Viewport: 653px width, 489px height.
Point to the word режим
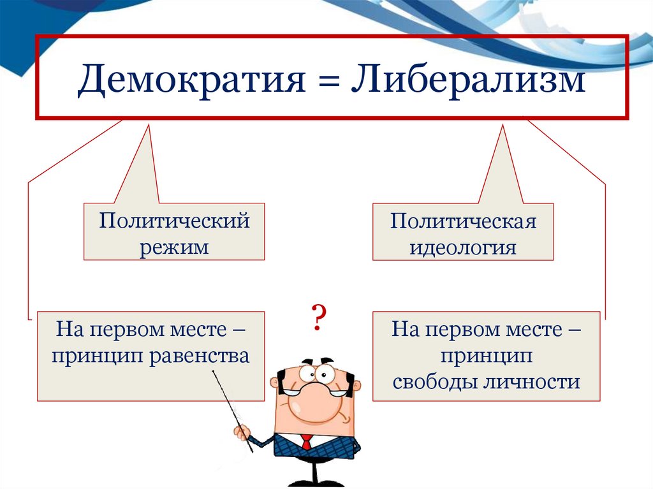(174, 246)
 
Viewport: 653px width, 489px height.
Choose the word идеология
(463, 247)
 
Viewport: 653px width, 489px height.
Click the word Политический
(174, 222)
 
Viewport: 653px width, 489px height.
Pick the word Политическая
(463, 222)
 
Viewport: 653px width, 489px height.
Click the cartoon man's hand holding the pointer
(242, 434)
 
